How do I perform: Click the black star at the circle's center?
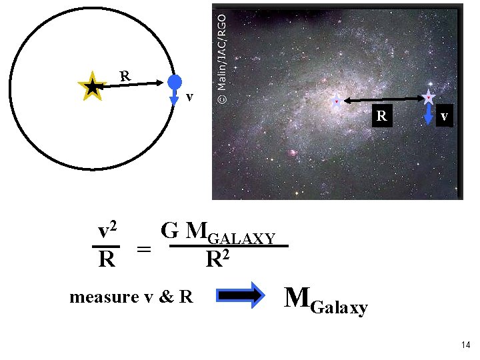[x=91, y=86]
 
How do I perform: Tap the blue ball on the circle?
[x=175, y=82]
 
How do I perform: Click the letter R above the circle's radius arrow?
[x=125, y=75]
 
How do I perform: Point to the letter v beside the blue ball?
[x=190, y=97]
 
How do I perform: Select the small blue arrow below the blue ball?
[x=175, y=98]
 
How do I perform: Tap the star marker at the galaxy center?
[x=337, y=101]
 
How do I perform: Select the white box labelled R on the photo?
[x=381, y=115]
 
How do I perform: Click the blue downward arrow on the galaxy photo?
[x=429, y=116]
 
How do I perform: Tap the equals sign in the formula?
[x=143, y=249]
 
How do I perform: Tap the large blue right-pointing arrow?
[x=241, y=297]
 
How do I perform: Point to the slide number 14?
[x=465, y=345]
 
